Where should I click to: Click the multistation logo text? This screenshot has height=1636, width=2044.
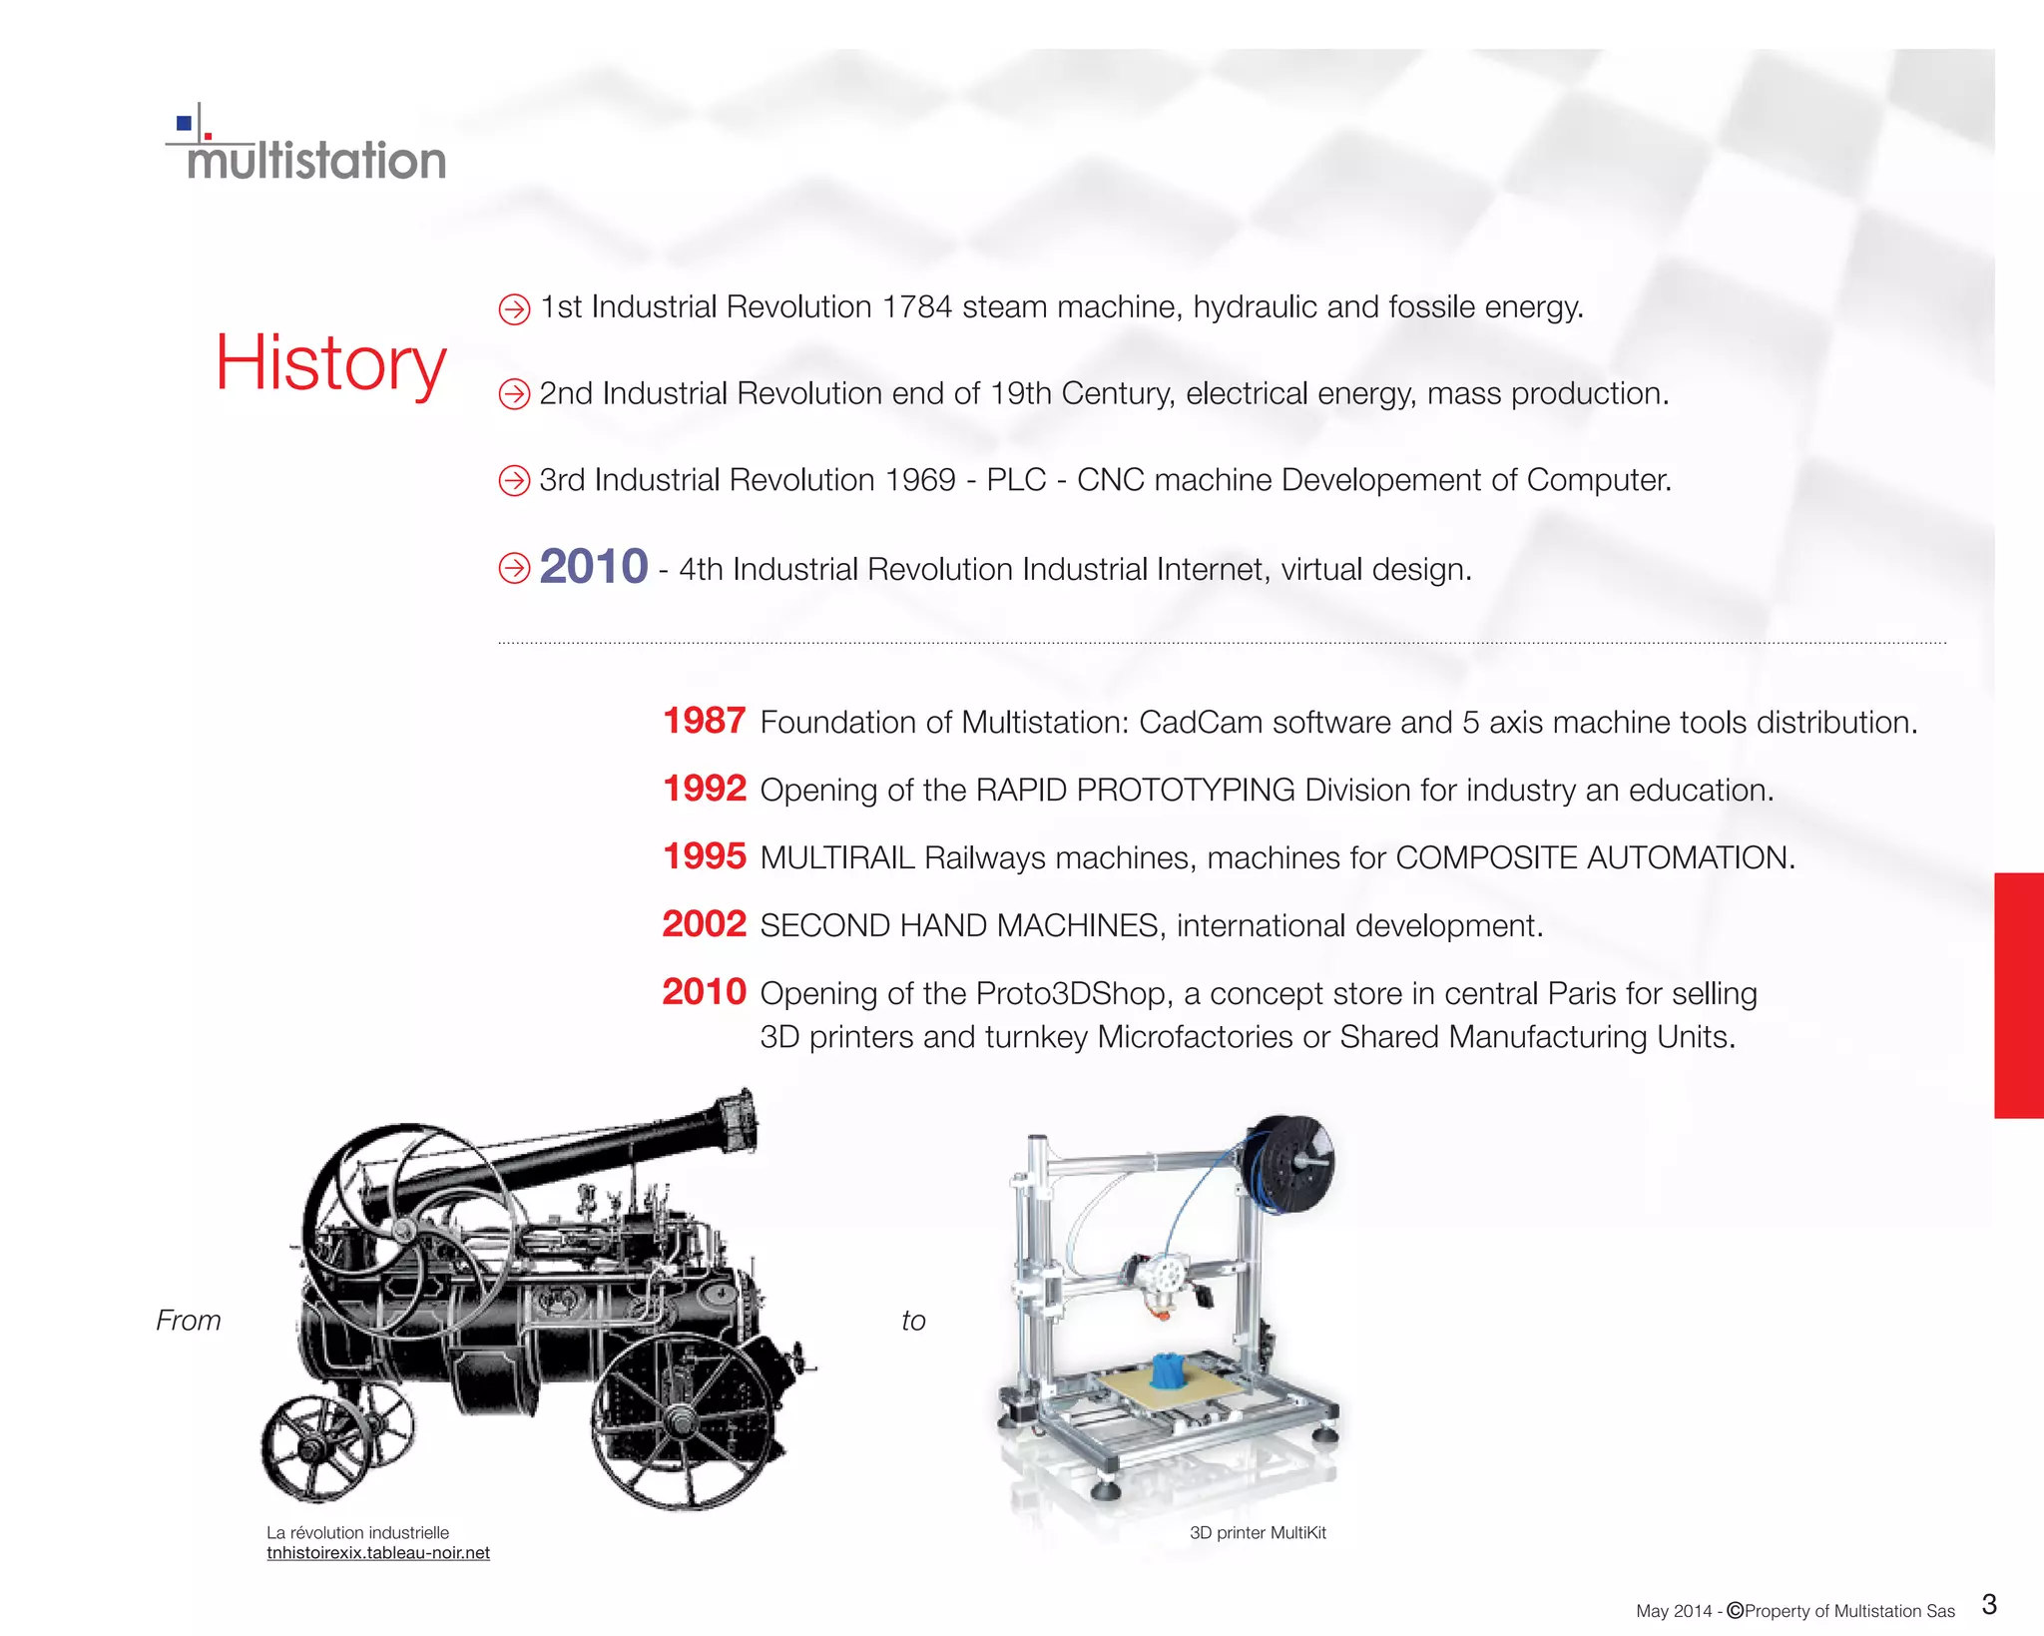[x=315, y=161]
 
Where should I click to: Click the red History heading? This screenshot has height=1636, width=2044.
[x=330, y=362]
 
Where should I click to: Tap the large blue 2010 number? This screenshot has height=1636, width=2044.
[x=594, y=567]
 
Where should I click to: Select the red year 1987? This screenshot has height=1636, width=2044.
[x=704, y=721]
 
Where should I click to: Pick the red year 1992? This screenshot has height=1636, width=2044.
[x=704, y=789]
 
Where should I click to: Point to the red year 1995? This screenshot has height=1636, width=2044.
[x=704, y=856]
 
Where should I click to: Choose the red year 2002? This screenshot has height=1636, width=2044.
[x=704, y=924]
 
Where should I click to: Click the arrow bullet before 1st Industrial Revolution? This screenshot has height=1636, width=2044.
[x=514, y=309]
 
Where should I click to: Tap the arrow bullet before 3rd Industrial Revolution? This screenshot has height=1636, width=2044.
[x=514, y=481]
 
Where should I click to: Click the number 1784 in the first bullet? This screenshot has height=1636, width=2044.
[x=916, y=307]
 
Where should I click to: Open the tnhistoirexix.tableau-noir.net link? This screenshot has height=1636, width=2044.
[x=378, y=1553]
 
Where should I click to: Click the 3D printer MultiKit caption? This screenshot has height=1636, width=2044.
[x=1258, y=1533]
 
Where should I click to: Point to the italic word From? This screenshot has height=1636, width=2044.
[x=188, y=1321]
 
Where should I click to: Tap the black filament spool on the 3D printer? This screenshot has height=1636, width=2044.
[x=1291, y=1164]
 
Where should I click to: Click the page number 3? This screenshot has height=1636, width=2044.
[x=1989, y=1605]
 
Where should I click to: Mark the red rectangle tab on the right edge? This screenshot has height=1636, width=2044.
[x=2018, y=995]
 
